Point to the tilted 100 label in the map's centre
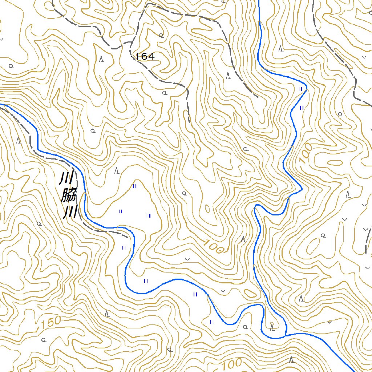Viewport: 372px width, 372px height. [x=214, y=247]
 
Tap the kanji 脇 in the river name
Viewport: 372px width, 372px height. [x=68, y=197]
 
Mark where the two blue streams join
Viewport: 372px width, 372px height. [x=286, y=335]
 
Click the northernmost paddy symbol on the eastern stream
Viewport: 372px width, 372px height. [x=300, y=89]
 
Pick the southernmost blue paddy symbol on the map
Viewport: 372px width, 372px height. [x=211, y=322]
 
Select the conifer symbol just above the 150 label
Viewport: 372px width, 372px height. [x=107, y=313]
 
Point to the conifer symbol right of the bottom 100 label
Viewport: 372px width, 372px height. [x=291, y=360]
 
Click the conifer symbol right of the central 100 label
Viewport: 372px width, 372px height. [x=243, y=239]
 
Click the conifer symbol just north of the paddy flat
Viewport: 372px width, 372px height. [x=117, y=170]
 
